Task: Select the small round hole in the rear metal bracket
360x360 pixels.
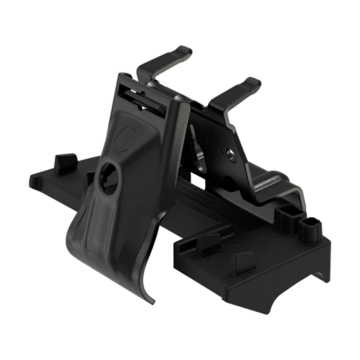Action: pos(229,154)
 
